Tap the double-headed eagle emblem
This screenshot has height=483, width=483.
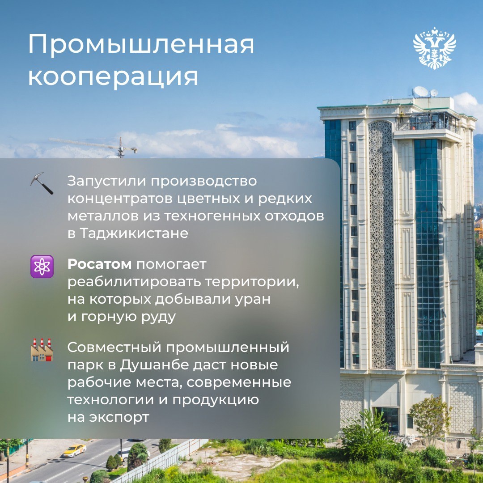(x=434, y=48)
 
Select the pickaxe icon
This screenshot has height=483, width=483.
(x=42, y=183)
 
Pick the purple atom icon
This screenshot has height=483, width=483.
(x=42, y=267)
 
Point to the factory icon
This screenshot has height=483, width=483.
(x=42, y=349)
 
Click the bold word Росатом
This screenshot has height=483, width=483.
(x=99, y=264)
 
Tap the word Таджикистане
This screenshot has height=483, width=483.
(x=135, y=233)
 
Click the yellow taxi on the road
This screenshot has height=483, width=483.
(x=74, y=450)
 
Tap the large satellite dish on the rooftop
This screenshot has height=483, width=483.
(x=421, y=92)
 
